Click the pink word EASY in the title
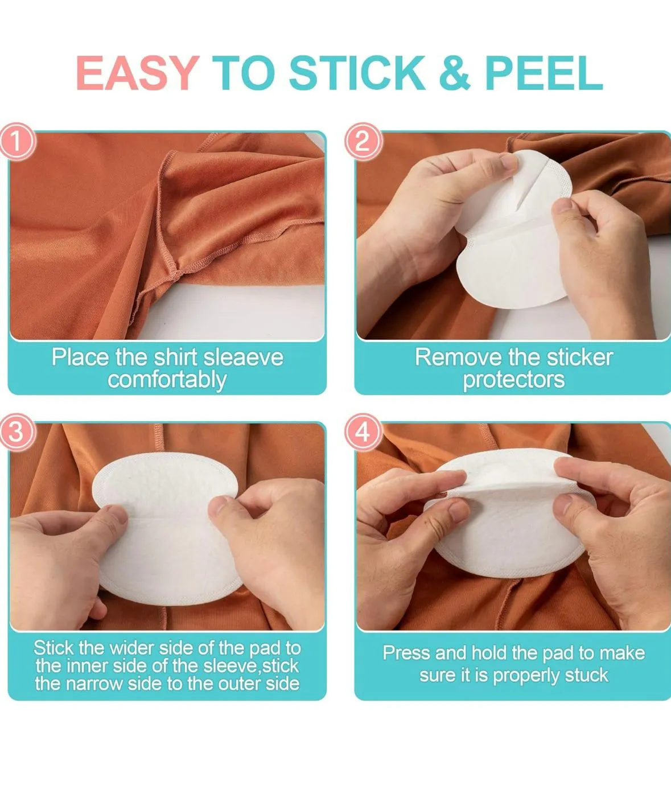(x=138, y=72)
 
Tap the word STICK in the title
(x=357, y=72)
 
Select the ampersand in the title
(x=454, y=72)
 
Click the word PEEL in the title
(x=544, y=72)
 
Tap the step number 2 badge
(x=363, y=141)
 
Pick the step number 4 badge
(x=363, y=432)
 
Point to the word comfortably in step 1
(x=167, y=381)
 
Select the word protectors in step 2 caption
(x=513, y=380)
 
